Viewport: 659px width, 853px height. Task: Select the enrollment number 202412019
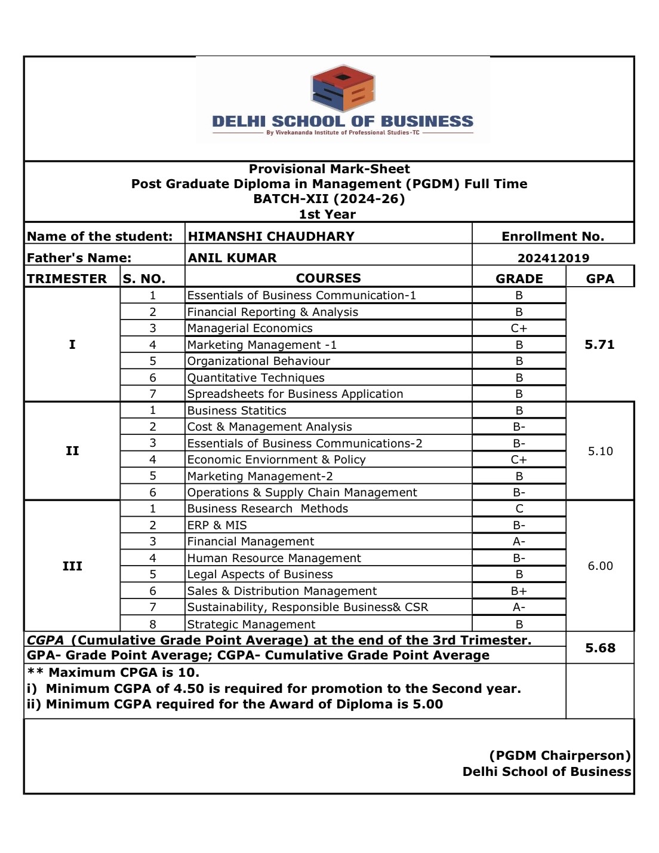pyautogui.click(x=553, y=258)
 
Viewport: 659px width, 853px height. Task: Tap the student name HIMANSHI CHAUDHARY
pyautogui.click(x=271, y=236)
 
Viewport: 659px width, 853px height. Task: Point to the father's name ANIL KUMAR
pyautogui.click(x=232, y=258)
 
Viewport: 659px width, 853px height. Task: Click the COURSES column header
pyautogui.click(x=328, y=278)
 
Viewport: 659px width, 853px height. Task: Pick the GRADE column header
pyautogui.click(x=519, y=278)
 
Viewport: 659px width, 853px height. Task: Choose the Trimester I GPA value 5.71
pyautogui.click(x=600, y=345)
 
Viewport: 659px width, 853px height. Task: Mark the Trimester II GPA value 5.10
pyautogui.click(x=600, y=451)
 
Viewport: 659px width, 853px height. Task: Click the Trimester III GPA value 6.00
pyautogui.click(x=600, y=566)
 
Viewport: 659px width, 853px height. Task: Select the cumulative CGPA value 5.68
pyautogui.click(x=600, y=648)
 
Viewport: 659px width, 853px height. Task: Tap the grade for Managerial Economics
pyautogui.click(x=519, y=328)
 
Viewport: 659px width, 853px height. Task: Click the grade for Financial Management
pyautogui.click(x=519, y=541)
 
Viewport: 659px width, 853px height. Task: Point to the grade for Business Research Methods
pyautogui.click(x=519, y=508)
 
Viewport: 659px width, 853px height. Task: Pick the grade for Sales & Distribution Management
pyautogui.click(x=519, y=591)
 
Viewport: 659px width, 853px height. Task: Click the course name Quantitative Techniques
pyautogui.click(x=255, y=378)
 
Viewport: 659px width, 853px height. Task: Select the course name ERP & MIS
pyautogui.click(x=217, y=525)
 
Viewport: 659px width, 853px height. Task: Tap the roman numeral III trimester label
pyautogui.click(x=72, y=566)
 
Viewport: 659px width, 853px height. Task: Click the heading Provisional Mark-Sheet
pyautogui.click(x=329, y=169)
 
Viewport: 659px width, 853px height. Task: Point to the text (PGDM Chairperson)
pyautogui.click(x=559, y=756)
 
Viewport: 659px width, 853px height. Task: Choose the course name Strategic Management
pyautogui.click(x=251, y=624)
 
